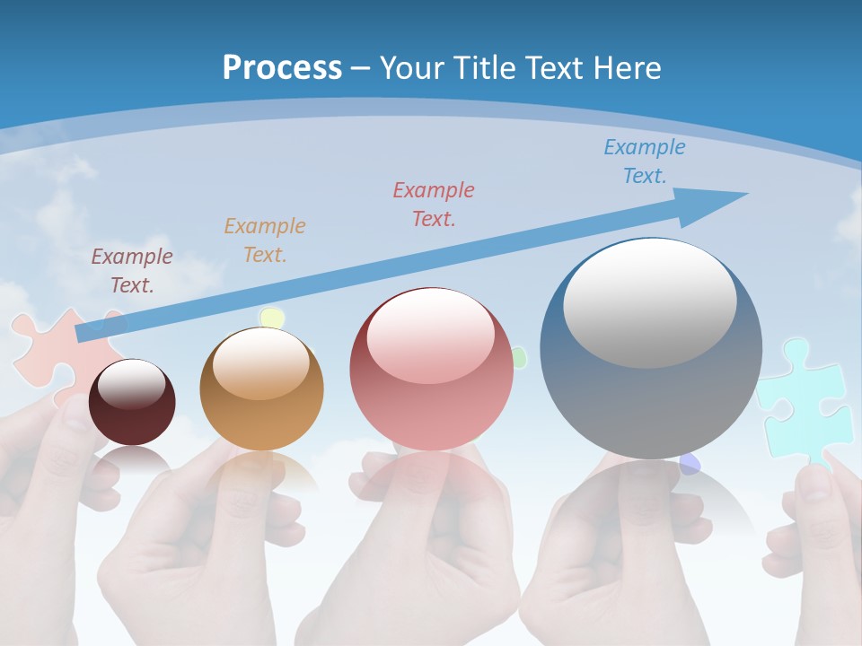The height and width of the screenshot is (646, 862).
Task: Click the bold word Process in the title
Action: [282, 68]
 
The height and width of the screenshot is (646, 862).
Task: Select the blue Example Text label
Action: [644, 161]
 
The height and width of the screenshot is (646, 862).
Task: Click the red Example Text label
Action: [433, 204]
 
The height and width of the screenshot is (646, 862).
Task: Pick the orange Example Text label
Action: [264, 240]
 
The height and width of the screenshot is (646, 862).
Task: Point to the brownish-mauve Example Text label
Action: [131, 271]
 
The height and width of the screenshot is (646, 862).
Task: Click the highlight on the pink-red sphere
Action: [430, 336]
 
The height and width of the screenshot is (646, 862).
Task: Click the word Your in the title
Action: [411, 68]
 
